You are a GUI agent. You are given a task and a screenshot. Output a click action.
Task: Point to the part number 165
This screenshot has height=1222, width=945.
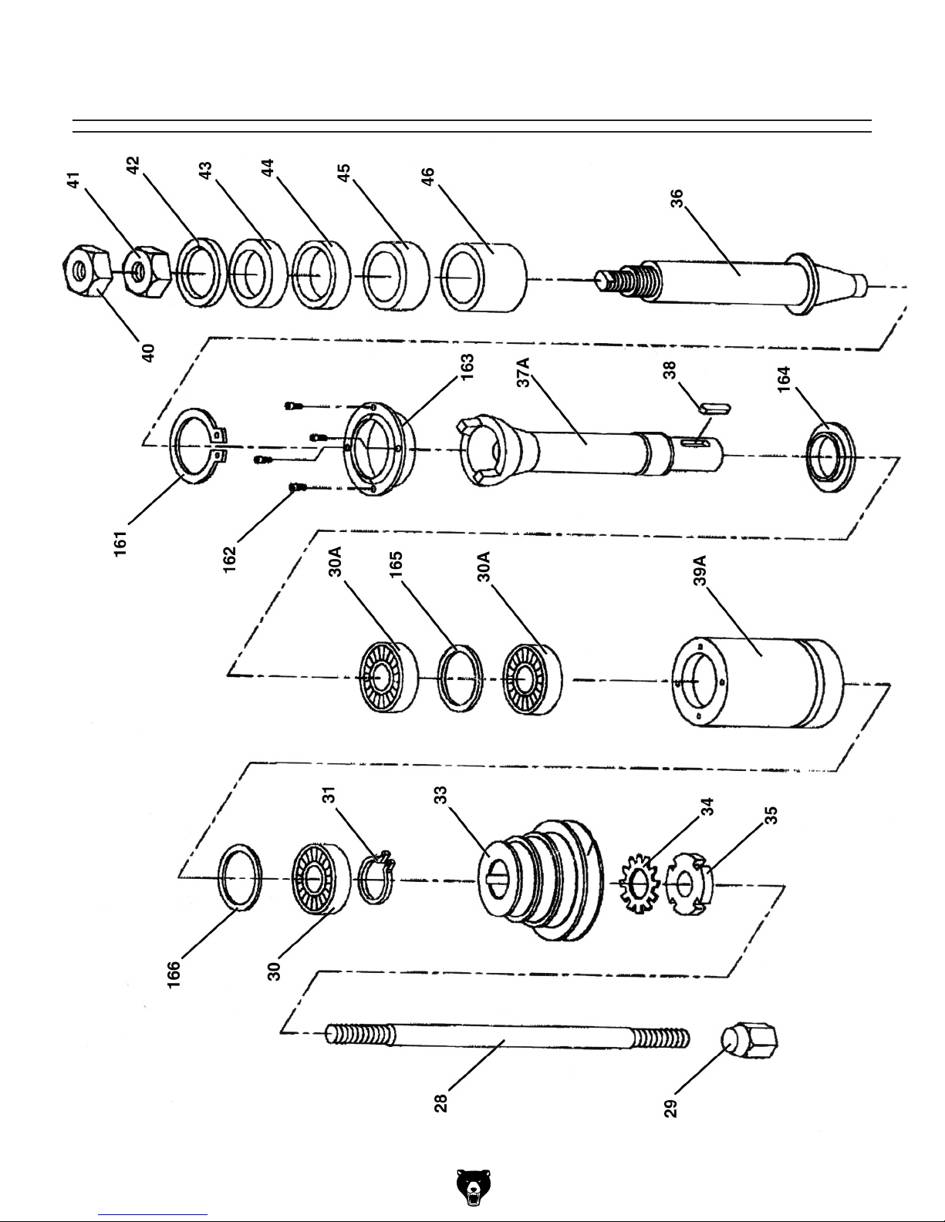[x=397, y=567]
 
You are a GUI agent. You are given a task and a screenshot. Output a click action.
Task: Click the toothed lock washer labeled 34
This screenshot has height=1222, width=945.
[x=639, y=884]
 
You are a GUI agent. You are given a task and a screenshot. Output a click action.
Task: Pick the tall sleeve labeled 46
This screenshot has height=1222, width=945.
[x=482, y=277]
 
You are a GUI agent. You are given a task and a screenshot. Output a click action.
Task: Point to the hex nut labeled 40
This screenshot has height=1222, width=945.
[x=86, y=278]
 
